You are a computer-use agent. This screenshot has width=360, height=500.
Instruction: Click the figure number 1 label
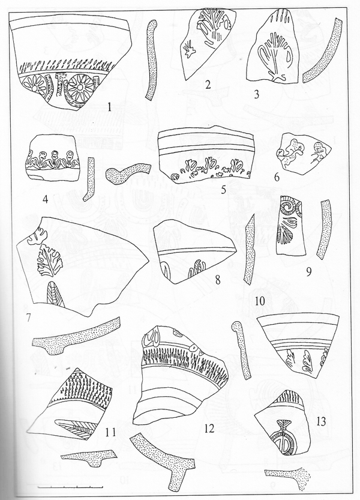click(x=109, y=107)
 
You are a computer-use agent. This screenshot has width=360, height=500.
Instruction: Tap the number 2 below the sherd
click(x=208, y=85)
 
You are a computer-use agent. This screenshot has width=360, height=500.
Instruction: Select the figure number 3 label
click(x=257, y=94)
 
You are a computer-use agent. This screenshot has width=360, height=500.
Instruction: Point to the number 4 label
click(x=45, y=200)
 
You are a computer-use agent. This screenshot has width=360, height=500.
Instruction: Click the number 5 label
click(x=223, y=190)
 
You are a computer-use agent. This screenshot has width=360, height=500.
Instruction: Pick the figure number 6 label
click(x=277, y=177)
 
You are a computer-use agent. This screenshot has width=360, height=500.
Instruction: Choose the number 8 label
click(x=218, y=280)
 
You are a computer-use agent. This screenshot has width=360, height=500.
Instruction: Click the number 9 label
click(x=308, y=272)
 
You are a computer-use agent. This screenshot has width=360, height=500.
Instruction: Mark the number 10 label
click(x=260, y=301)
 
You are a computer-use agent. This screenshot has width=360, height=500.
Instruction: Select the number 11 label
click(x=110, y=433)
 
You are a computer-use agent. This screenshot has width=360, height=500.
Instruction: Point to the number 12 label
click(x=209, y=429)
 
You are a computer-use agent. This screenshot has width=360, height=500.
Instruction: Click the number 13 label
click(x=321, y=421)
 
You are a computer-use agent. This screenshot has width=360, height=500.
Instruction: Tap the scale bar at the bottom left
click(x=70, y=487)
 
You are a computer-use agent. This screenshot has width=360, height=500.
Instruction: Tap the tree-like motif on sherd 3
click(x=274, y=58)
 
